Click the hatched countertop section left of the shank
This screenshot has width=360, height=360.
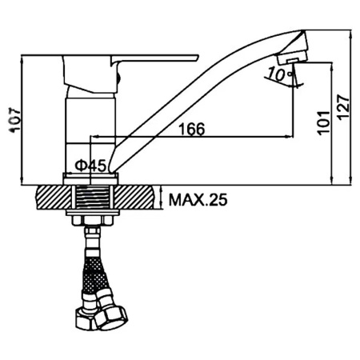click(52, 197)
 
